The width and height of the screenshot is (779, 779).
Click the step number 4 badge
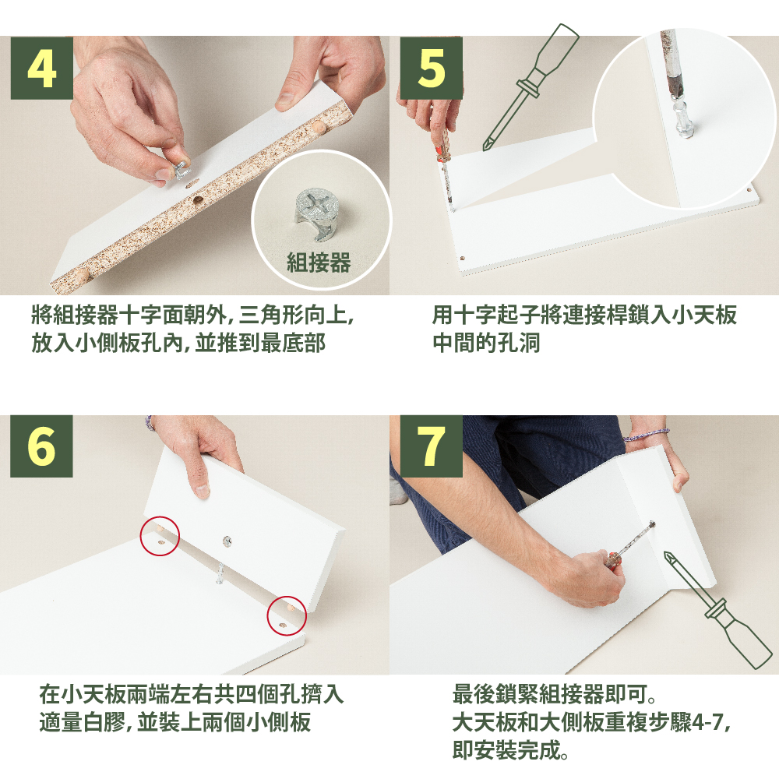[42, 68]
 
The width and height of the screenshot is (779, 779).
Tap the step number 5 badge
[431, 68]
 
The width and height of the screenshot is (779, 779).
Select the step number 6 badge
[42, 446]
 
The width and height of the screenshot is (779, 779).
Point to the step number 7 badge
[431, 446]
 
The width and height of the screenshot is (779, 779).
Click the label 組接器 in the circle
[319, 263]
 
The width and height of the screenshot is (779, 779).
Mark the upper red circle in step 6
[160, 536]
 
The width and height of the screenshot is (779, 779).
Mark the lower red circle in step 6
[287, 615]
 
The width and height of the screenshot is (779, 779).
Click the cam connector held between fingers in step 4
[182, 169]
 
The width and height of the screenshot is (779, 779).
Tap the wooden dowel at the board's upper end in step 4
[319, 127]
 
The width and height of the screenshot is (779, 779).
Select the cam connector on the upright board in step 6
[227, 541]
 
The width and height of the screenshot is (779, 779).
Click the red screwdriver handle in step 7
[614, 560]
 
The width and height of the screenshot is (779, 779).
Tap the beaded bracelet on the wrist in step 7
[647, 435]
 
